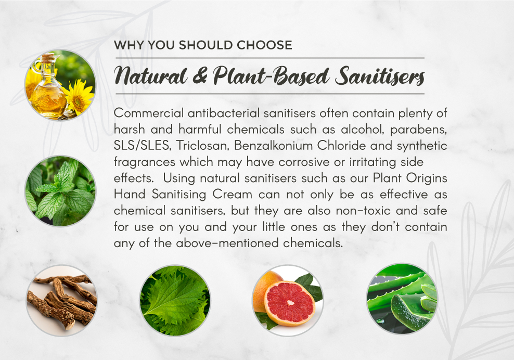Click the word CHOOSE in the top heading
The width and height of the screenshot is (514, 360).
[264, 45]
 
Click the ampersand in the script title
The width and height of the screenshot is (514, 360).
[200, 75]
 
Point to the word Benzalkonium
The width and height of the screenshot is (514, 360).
[274, 146]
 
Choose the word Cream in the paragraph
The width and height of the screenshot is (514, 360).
[232, 194]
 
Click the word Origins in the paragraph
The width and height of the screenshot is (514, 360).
[427, 178]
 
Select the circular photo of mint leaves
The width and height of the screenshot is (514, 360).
[60, 191]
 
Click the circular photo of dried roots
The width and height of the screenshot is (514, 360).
[61, 301]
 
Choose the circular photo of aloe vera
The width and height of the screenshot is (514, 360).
[402, 299]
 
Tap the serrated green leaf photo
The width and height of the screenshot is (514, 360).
[175, 301]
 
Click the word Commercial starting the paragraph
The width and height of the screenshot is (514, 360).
[148, 113]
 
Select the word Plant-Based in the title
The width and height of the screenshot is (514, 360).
[271, 76]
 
